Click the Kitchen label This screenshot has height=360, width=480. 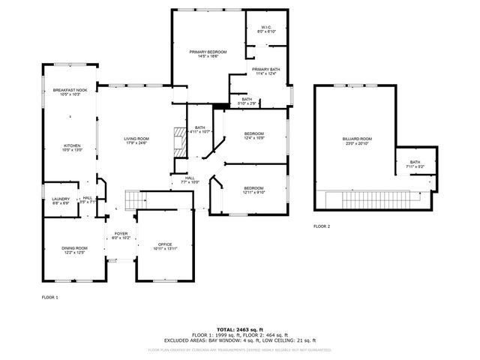coord(72,148)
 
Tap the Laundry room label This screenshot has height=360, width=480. coord(61,200)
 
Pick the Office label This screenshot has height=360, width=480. coord(165,247)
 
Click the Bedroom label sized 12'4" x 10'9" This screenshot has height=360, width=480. coord(254,136)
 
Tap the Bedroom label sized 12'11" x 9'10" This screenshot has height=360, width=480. coord(253,190)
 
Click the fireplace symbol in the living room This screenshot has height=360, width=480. coord(178,140)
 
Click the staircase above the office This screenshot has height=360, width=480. coord(134,199)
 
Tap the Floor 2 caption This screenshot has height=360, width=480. coord(322,226)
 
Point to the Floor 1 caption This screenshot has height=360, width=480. coord(49,298)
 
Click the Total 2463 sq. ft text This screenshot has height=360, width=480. coord(239,329)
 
